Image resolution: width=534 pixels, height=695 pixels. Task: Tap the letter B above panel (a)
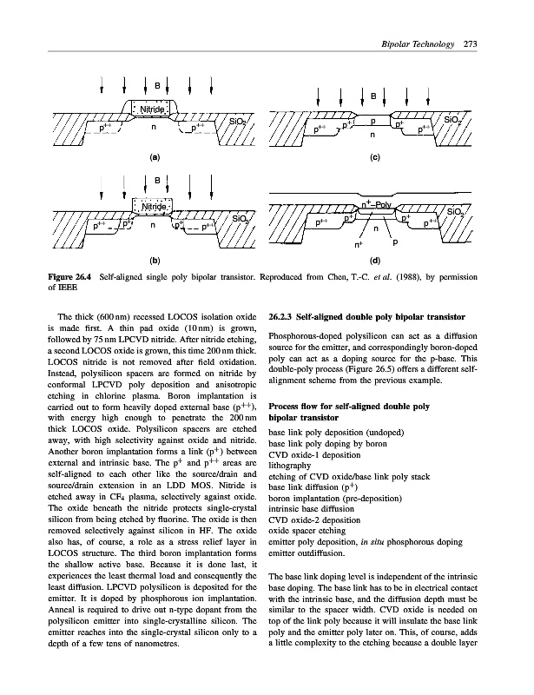coord(157,86)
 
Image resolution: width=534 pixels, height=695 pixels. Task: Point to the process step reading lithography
coord(293,464)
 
